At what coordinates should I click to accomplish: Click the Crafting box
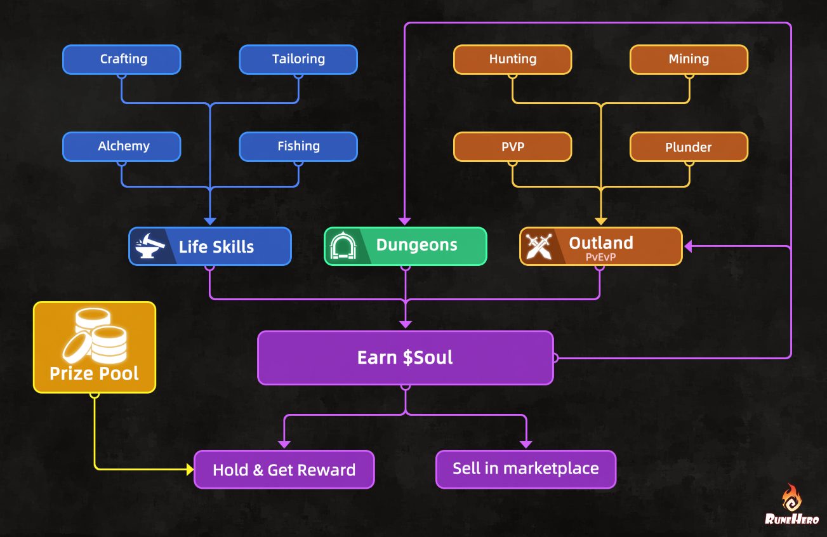[122, 59]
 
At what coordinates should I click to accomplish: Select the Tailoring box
[298, 59]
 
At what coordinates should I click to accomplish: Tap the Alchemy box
[122, 146]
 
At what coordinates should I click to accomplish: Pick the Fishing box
[298, 146]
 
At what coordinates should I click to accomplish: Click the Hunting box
[512, 59]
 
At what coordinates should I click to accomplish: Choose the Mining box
[689, 59]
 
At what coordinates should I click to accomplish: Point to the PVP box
[512, 147]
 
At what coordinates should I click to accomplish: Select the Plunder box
[689, 147]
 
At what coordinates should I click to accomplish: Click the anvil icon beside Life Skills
[150, 246]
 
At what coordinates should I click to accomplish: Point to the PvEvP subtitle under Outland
[601, 258]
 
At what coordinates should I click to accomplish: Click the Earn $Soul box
[405, 357]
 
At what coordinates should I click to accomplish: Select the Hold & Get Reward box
[284, 470]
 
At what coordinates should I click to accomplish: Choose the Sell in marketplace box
[526, 469]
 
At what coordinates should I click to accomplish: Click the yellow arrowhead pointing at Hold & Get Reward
[189, 470]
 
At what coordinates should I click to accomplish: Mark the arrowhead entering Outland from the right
[688, 246]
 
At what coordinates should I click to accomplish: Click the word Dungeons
[416, 245]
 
